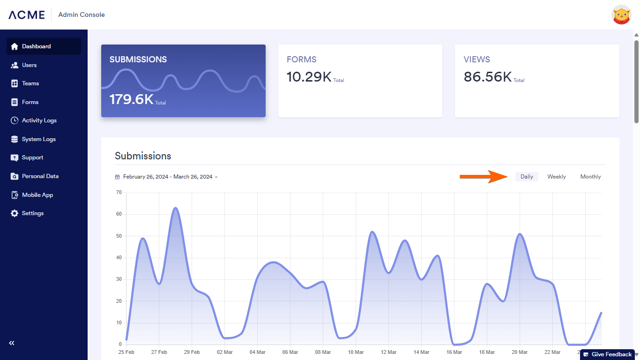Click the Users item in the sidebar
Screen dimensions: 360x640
[29, 65]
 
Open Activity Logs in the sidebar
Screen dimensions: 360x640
[39, 120]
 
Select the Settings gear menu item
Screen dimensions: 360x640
[32, 213]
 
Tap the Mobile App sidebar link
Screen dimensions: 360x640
[37, 195]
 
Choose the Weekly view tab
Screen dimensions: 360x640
[557, 177]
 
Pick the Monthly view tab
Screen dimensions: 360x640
[590, 177]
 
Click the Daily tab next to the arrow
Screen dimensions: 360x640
[527, 177]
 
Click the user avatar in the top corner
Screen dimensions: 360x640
[621, 15]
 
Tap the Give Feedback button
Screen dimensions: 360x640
[608, 354]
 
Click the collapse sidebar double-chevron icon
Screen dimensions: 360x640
[12, 343]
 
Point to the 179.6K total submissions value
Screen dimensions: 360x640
[132, 99]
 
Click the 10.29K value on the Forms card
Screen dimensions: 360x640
[309, 76]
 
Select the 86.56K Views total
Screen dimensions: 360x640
[487, 76]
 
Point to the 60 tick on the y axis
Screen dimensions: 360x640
[119, 214]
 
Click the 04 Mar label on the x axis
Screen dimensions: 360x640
[258, 352]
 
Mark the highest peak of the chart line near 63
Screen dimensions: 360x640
[175, 208]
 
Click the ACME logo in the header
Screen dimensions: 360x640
[27, 15]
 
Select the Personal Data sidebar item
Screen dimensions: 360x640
[40, 176]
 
